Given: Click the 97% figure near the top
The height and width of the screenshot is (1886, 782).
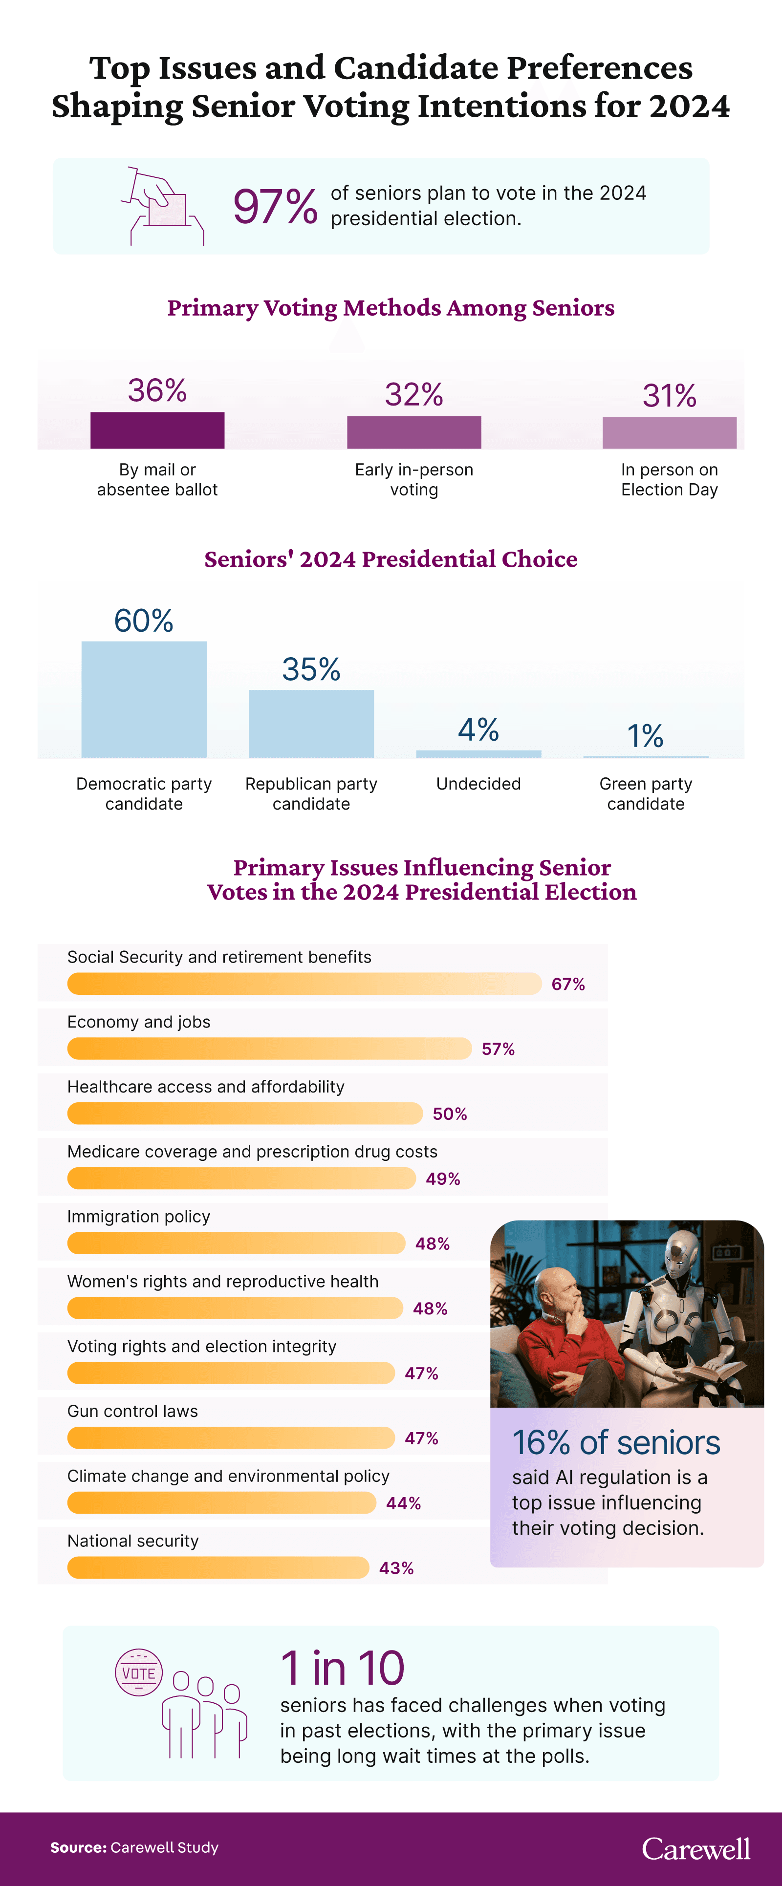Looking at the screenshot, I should tap(275, 207).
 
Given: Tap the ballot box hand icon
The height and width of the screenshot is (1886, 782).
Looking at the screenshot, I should tap(162, 206).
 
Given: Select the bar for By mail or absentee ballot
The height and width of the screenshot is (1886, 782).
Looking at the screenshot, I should tap(157, 430).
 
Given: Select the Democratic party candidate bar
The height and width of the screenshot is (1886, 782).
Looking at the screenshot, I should tap(144, 699).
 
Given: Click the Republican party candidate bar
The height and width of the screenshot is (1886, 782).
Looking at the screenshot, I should tap(311, 723).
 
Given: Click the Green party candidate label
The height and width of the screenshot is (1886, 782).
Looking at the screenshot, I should tap(645, 793).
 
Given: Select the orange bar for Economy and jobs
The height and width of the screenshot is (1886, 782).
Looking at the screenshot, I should tap(269, 1049).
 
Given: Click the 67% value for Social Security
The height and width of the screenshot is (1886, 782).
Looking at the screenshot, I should tap(568, 984).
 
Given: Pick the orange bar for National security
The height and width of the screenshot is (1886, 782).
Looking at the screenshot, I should tap(217, 1567).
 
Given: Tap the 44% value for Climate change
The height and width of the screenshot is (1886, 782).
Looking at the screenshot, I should tap(403, 1503).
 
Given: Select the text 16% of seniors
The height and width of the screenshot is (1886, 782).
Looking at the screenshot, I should tap(616, 1443).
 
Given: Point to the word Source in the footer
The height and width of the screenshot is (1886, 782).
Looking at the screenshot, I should tap(78, 1848).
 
